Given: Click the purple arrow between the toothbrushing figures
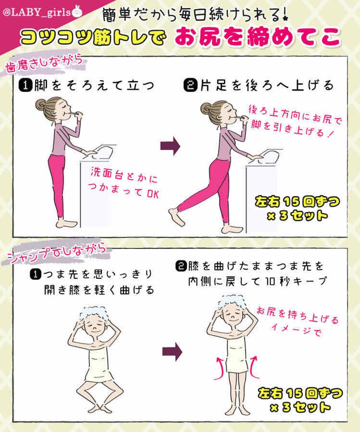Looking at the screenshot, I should (x=170, y=146).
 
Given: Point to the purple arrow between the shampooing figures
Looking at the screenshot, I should (x=172, y=351).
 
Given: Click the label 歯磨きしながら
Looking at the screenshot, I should (x=46, y=63).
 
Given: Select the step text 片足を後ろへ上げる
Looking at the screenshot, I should (x=258, y=85).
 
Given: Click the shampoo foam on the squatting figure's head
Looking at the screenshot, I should (x=93, y=312).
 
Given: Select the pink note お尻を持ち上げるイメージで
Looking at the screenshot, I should (x=297, y=321).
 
